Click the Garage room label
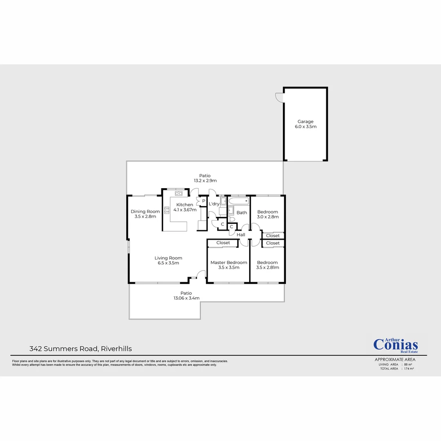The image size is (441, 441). coord(305,121)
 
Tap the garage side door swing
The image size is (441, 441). coord(279,98)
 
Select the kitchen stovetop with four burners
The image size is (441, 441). coord(167,210)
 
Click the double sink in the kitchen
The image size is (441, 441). coord(178,193)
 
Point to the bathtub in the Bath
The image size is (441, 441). coord(238,201)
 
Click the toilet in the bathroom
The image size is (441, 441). coord(231,219)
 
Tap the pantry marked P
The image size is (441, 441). coord(203,201)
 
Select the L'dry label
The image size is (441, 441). coord(214,204)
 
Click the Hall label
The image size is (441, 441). coord(241,235)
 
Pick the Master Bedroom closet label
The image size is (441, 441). coord(223,243)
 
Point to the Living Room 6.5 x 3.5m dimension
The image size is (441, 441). coord(168,263)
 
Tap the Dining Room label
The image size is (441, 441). coord(145,212)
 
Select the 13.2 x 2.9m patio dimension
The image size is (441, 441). coord(205,180)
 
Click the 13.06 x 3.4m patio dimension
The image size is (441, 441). coord(186,298)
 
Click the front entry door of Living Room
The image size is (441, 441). coord(200,275)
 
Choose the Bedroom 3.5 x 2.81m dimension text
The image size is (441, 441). coord(267,268)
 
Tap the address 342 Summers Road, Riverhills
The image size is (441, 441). coord(80,349)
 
